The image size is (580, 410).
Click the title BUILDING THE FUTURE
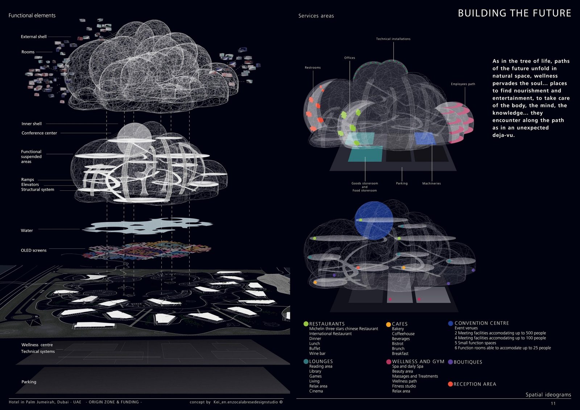click(514, 13)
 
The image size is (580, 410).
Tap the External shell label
click(34, 37)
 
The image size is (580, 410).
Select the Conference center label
click(39, 133)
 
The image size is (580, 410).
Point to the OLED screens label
click(34, 250)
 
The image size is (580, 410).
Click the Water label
click(27, 231)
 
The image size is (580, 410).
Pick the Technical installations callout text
click(393, 39)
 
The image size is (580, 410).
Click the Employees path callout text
click(463, 84)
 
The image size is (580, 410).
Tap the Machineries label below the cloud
click(431, 183)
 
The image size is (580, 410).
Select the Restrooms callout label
click(312, 68)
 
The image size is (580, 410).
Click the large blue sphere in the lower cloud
click(374, 220)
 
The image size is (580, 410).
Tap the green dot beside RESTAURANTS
click(306, 324)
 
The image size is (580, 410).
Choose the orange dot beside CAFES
click(389, 324)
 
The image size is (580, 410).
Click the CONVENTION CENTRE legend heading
click(481, 323)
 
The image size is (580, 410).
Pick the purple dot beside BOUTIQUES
click(450, 362)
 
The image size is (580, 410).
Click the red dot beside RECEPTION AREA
click(450, 384)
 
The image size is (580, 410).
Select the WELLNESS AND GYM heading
click(418, 361)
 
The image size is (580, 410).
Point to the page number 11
click(553, 403)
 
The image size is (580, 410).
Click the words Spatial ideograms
click(548, 395)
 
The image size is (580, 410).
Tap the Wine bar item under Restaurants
click(317, 353)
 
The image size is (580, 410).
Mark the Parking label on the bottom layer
click(29, 382)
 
